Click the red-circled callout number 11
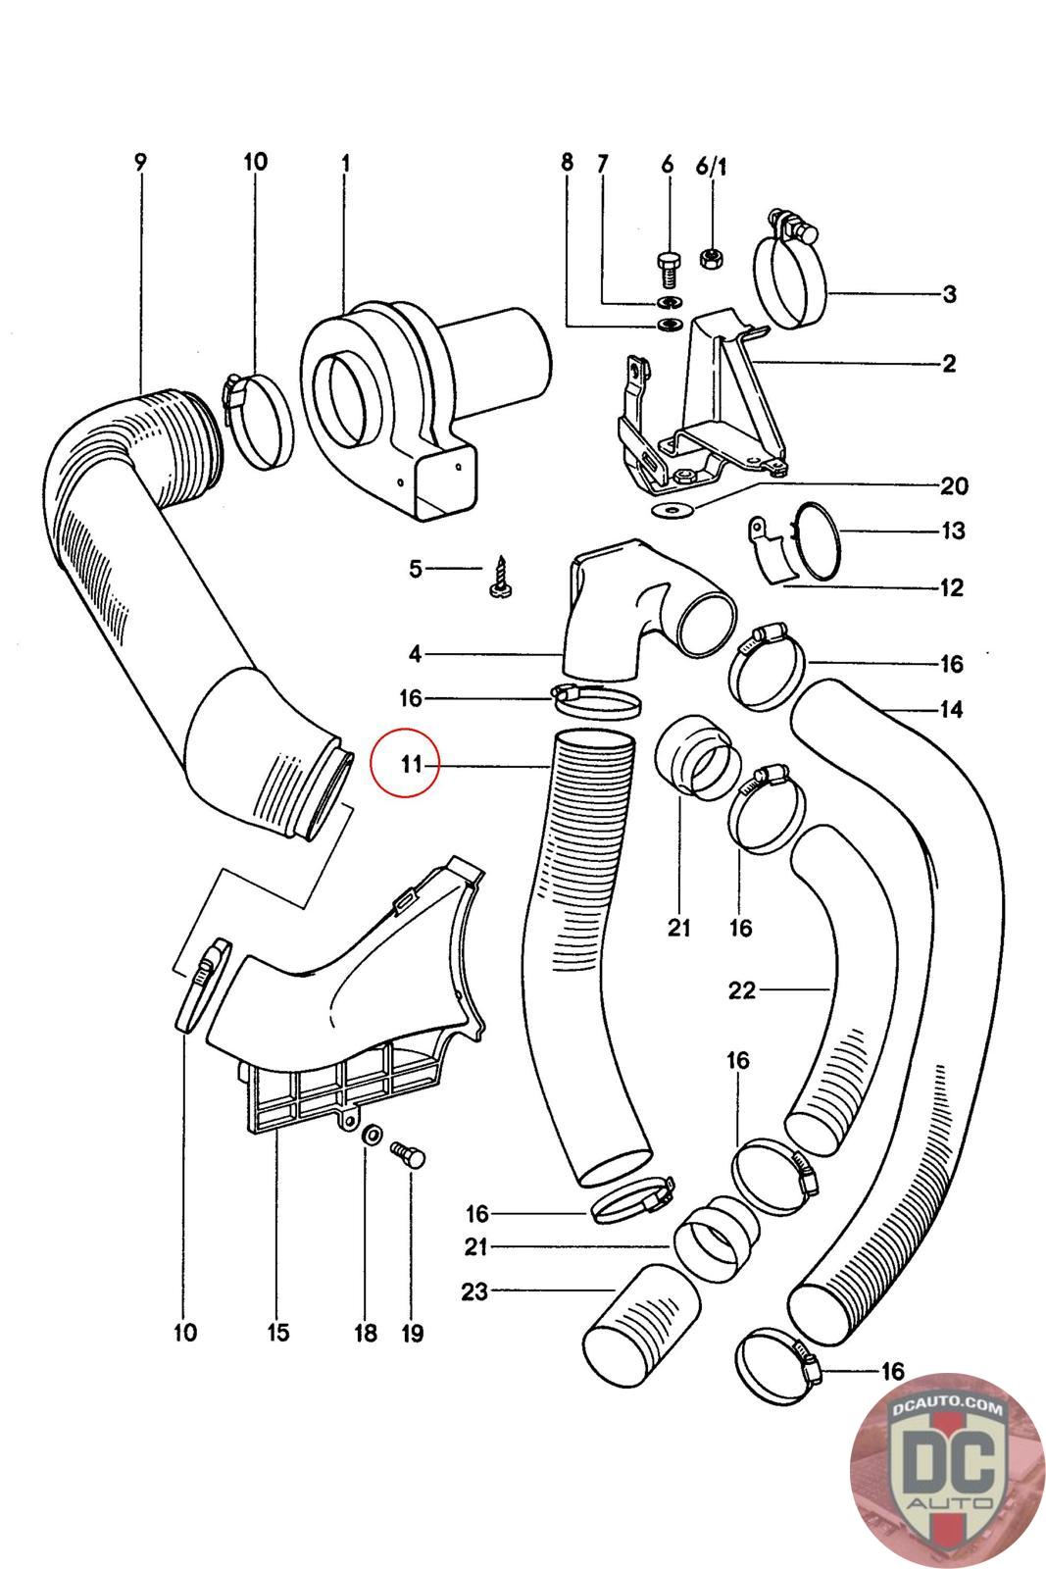coord(411,764)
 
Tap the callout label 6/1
coord(711,166)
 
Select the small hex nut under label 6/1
coord(712,258)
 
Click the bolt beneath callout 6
coord(668,267)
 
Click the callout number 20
coord(953,486)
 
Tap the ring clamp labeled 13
coord(817,540)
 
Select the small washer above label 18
coord(372,1134)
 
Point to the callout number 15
coord(278,1332)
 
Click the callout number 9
coord(141,163)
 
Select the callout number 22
coord(741,990)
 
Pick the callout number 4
coord(416,654)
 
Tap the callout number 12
coord(951,587)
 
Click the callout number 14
coord(951,710)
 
